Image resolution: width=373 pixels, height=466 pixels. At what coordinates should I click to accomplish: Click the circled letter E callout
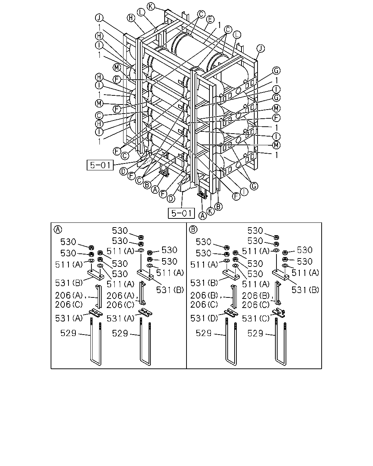pyautogui.click(x=210, y=20)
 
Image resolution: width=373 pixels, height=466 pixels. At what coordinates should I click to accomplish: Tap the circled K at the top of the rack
pyautogui.click(x=151, y=6)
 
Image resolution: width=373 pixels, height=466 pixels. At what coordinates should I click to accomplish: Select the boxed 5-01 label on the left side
pyautogui.click(x=100, y=165)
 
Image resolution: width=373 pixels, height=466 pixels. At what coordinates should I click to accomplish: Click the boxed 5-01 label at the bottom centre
pyautogui.click(x=181, y=213)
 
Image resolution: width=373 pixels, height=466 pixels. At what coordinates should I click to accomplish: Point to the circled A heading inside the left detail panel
pyautogui.click(x=58, y=229)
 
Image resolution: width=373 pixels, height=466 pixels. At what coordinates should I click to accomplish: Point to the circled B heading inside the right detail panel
pyautogui.click(x=193, y=229)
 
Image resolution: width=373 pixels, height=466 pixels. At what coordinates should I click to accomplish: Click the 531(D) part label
pyautogui.click(x=204, y=318)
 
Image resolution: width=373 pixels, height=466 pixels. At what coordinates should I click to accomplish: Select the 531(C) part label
pyautogui.click(x=256, y=318)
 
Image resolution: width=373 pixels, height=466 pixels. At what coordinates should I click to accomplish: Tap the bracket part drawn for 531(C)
pyautogui.click(x=279, y=313)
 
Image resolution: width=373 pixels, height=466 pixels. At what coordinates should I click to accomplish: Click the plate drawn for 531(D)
pyautogui.click(x=231, y=313)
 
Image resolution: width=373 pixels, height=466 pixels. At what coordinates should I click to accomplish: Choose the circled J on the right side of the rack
pyautogui.click(x=261, y=48)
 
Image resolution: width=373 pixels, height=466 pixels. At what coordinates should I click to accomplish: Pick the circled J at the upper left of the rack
pyautogui.click(x=99, y=18)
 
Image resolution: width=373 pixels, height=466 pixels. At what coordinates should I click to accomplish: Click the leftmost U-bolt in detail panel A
pyautogui.click(x=95, y=342)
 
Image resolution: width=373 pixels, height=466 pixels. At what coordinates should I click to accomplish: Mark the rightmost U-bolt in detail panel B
pyautogui.click(x=281, y=342)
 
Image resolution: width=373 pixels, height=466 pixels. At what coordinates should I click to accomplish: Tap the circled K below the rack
pyautogui.click(x=210, y=211)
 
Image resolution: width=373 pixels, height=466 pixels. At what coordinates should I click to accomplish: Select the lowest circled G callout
pyautogui.click(x=254, y=186)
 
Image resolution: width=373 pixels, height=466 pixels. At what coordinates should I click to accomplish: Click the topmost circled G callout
pyautogui.click(x=276, y=70)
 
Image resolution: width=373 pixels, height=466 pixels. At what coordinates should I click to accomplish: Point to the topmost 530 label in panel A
pyautogui.click(x=120, y=230)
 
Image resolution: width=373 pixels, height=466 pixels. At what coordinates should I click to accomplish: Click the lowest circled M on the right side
pyautogui.click(x=276, y=145)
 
